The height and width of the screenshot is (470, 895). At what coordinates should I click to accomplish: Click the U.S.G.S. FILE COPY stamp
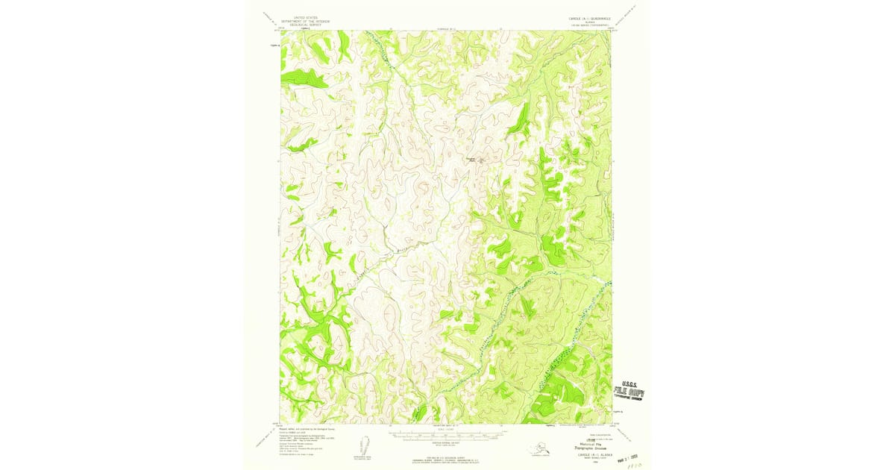[x=628, y=392]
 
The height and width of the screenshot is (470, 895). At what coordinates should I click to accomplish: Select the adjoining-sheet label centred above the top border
[x=446, y=28]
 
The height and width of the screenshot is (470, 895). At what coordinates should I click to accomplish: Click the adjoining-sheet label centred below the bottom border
[x=446, y=424]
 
